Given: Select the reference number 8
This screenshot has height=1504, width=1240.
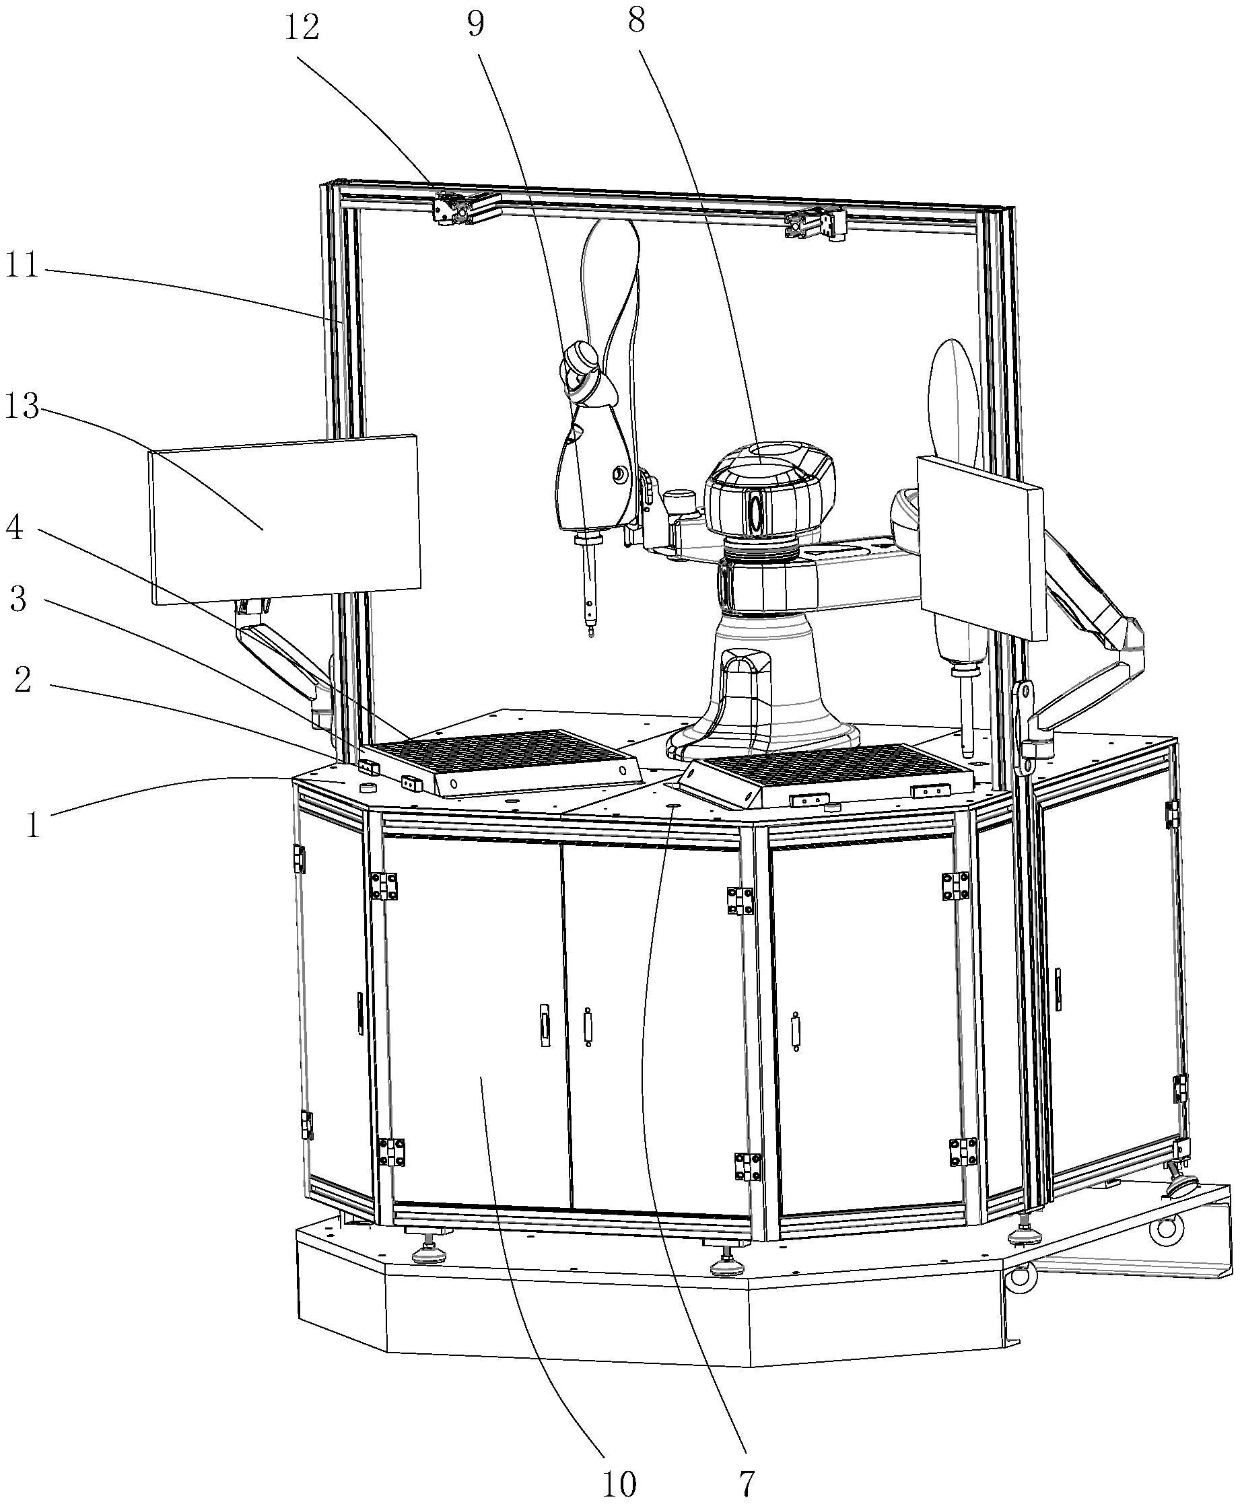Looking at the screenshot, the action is tap(635, 22).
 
